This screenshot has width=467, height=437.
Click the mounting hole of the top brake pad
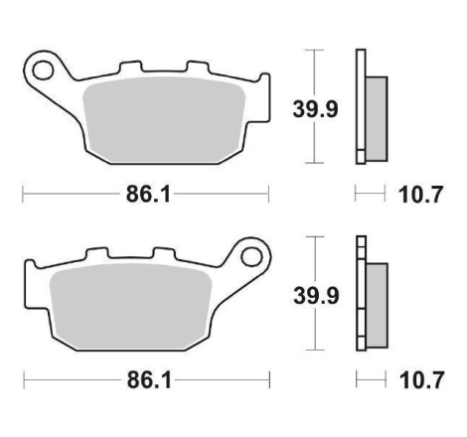point(43,71)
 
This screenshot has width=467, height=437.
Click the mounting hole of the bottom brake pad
point(251,257)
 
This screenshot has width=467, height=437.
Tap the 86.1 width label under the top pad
point(148,195)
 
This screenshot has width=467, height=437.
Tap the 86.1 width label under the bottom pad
point(150,380)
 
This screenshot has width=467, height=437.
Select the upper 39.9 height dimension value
point(315,109)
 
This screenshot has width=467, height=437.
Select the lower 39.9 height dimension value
point(316,296)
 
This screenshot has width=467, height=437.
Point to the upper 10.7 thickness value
point(420,195)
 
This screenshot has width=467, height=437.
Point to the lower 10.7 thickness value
point(421,380)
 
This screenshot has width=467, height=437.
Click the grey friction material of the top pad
point(164,120)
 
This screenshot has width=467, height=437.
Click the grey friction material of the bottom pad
point(130,307)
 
